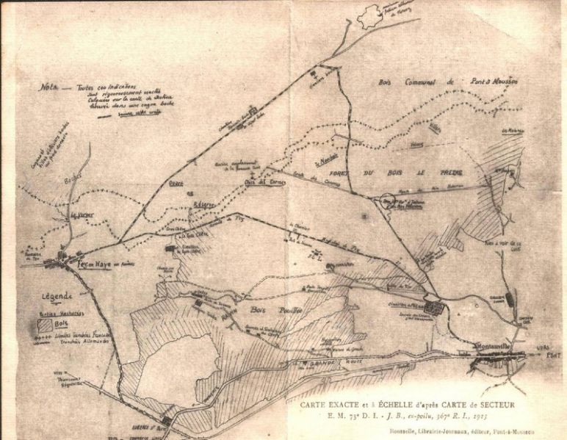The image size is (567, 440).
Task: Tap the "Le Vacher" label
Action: [x=82, y=215]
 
